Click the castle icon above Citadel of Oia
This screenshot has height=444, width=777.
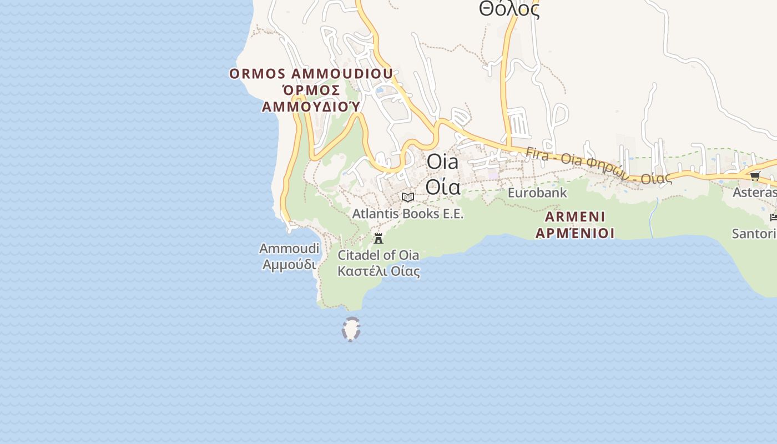379,239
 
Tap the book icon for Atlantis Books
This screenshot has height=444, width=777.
408,197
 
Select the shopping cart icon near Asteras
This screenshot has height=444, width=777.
755,176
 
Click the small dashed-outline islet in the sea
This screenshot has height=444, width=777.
351,329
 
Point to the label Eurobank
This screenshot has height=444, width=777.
537,193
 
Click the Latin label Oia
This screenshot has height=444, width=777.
443,162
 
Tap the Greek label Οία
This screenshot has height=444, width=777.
443,186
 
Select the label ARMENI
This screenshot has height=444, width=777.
575,216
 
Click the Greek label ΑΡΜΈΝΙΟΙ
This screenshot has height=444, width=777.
575,233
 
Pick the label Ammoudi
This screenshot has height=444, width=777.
289,249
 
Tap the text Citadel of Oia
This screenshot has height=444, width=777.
378,255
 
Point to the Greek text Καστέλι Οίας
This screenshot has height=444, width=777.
379,271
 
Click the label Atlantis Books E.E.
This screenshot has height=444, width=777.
408,214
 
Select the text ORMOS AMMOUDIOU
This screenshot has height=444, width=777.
311,74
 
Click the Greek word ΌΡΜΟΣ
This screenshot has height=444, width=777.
311,90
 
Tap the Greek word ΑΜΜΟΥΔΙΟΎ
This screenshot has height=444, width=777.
311,106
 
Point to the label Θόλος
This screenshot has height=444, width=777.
509,9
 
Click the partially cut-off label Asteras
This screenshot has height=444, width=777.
754,193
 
